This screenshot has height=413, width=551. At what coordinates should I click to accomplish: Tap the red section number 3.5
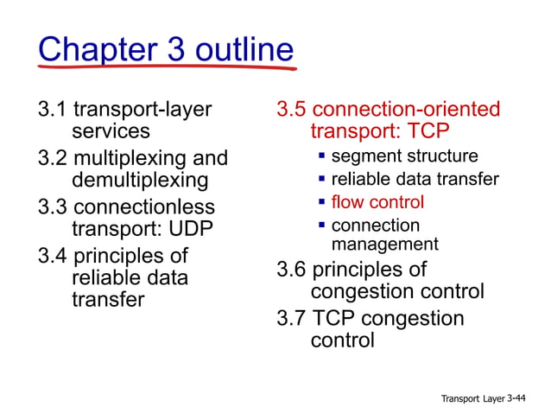click(291, 110)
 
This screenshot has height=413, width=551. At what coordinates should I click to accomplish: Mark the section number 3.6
click(291, 270)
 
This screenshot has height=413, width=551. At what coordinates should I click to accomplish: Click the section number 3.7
click(291, 319)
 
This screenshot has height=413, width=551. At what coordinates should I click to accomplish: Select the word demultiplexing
click(140, 181)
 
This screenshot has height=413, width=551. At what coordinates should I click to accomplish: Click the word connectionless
click(145, 208)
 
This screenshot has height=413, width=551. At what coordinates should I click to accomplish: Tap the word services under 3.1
click(111, 131)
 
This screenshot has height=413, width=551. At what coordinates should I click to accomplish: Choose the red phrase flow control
click(377, 202)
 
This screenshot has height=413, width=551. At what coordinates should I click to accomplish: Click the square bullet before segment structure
click(321, 156)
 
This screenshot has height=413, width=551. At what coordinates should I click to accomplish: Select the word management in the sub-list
click(384, 245)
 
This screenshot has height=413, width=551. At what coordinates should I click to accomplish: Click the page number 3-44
click(521, 397)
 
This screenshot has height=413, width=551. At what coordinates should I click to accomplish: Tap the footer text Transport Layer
click(472, 398)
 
